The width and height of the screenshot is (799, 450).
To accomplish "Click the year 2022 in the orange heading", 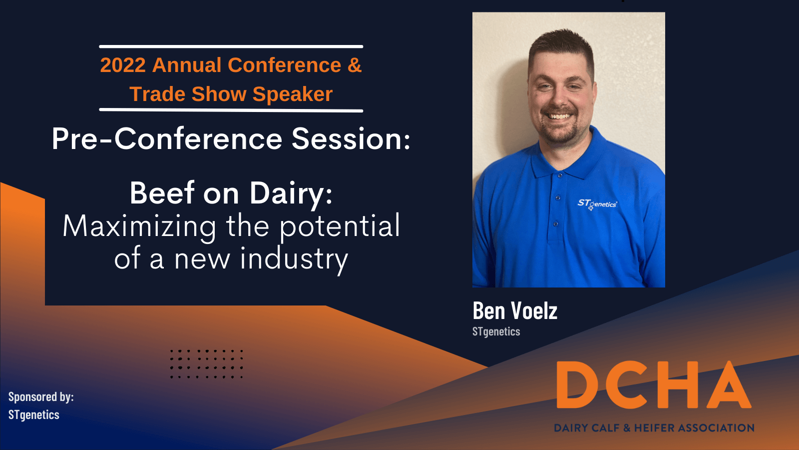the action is click(x=123, y=65).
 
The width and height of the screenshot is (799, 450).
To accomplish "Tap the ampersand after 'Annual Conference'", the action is click(x=355, y=65).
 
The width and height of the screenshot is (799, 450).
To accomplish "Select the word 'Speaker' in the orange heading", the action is click(x=293, y=94).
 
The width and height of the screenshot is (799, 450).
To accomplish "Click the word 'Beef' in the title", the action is click(x=162, y=193).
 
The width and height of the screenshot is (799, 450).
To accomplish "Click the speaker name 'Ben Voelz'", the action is click(x=515, y=310).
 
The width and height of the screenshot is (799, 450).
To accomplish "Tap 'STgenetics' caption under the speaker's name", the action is click(x=496, y=332).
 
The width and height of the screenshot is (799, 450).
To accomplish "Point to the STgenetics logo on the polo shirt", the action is click(x=597, y=204).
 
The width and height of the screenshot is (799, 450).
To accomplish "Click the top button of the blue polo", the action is click(x=560, y=175).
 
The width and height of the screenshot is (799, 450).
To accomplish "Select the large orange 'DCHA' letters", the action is click(x=654, y=384).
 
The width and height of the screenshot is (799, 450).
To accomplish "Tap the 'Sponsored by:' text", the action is click(x=41, y=397).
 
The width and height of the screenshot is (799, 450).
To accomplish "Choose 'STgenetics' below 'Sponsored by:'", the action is click(x=34, y=415).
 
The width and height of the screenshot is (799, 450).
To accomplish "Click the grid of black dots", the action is click(x=207, y=364).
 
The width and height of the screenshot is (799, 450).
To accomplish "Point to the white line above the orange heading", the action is click(x=231, y=46).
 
